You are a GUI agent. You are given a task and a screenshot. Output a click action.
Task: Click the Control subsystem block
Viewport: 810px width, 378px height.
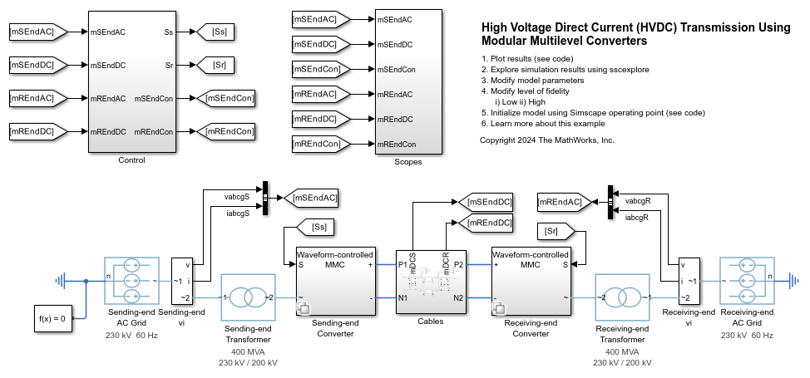[131, 81]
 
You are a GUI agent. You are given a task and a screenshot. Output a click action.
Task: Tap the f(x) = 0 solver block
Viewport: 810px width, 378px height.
[52, 317]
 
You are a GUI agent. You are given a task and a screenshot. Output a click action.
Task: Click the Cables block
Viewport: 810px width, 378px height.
[430, 281]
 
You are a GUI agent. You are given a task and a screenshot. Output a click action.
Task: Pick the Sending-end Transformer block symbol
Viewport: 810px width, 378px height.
[247, 297]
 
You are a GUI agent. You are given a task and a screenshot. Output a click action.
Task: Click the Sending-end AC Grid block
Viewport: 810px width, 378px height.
[131, 281]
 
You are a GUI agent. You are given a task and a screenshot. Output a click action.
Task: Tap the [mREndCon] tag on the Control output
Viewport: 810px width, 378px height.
[225, 131]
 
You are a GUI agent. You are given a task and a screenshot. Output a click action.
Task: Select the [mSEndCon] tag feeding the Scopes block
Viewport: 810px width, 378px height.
[319, 69]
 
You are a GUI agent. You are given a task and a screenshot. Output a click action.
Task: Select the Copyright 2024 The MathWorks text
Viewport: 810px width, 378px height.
[547, 140]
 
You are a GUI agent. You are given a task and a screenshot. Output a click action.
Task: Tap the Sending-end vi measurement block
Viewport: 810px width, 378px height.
[181, 281]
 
